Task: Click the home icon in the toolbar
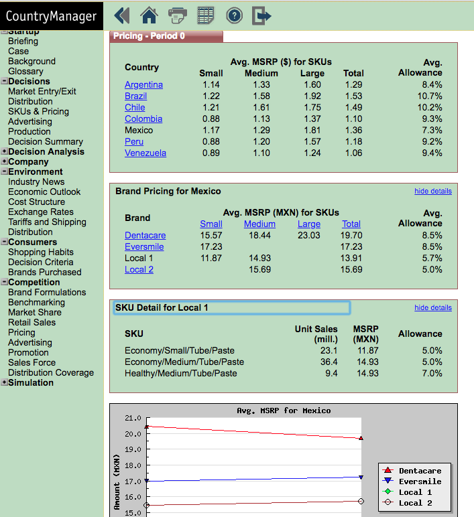tap(150, 15)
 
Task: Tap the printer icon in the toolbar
tap(178, 15)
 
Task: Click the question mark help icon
tap(235, 15)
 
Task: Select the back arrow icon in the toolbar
tap(122, 15)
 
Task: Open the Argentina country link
tap(143, 85)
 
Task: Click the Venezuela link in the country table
tap(145, 153)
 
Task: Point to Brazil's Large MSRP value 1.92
tap(312, 96)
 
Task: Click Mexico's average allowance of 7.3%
tap(432, 130)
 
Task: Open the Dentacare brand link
tap(145, 236)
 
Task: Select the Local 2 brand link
tap(139, 269)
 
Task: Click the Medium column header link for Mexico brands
tap(259, 224)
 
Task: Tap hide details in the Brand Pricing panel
tap(433, 192)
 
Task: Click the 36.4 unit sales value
tap(329, 362)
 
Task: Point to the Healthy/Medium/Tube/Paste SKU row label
tap(181, 373)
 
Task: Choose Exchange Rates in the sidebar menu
tap(41, 212)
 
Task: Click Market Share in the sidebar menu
tap(35, 312)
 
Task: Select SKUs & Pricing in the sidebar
tap(39, 111)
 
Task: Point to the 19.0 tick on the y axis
tap(133, 449)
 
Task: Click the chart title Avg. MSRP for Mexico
tap(284, 411)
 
